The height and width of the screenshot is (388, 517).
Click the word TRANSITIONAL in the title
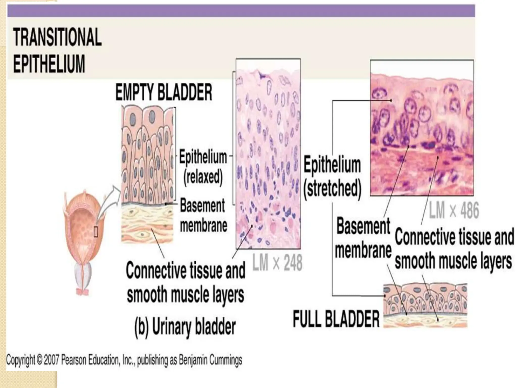(58, 37)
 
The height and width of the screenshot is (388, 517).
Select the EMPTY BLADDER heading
(164, 93)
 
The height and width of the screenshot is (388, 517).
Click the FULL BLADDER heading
(336, 319)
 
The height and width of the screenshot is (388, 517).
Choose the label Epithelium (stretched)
(332, 177)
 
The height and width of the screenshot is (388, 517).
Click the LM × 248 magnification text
(277, 263)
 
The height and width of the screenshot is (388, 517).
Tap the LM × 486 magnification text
(454, 210)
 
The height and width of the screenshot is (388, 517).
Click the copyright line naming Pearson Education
(124, 360)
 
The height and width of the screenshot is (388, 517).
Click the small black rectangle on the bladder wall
(96, 232)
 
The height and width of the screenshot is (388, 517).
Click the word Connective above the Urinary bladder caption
(154, 271)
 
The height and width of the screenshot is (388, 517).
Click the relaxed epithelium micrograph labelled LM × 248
(268, 154)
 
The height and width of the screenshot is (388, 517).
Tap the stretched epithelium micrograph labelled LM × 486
(421, 128)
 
